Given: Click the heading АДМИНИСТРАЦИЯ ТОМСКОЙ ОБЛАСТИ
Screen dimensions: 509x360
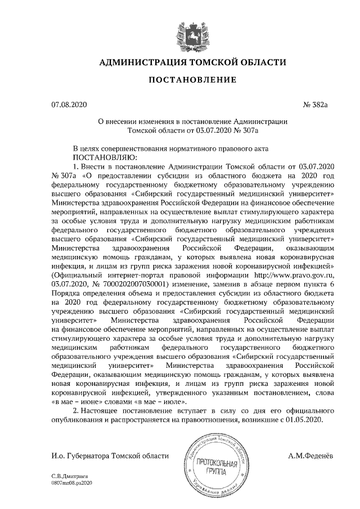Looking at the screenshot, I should click(x=192, y=62).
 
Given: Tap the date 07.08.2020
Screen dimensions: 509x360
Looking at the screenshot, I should click(x=69, y=105).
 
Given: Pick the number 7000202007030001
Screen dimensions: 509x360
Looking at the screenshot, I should click(x=132, y=285).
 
